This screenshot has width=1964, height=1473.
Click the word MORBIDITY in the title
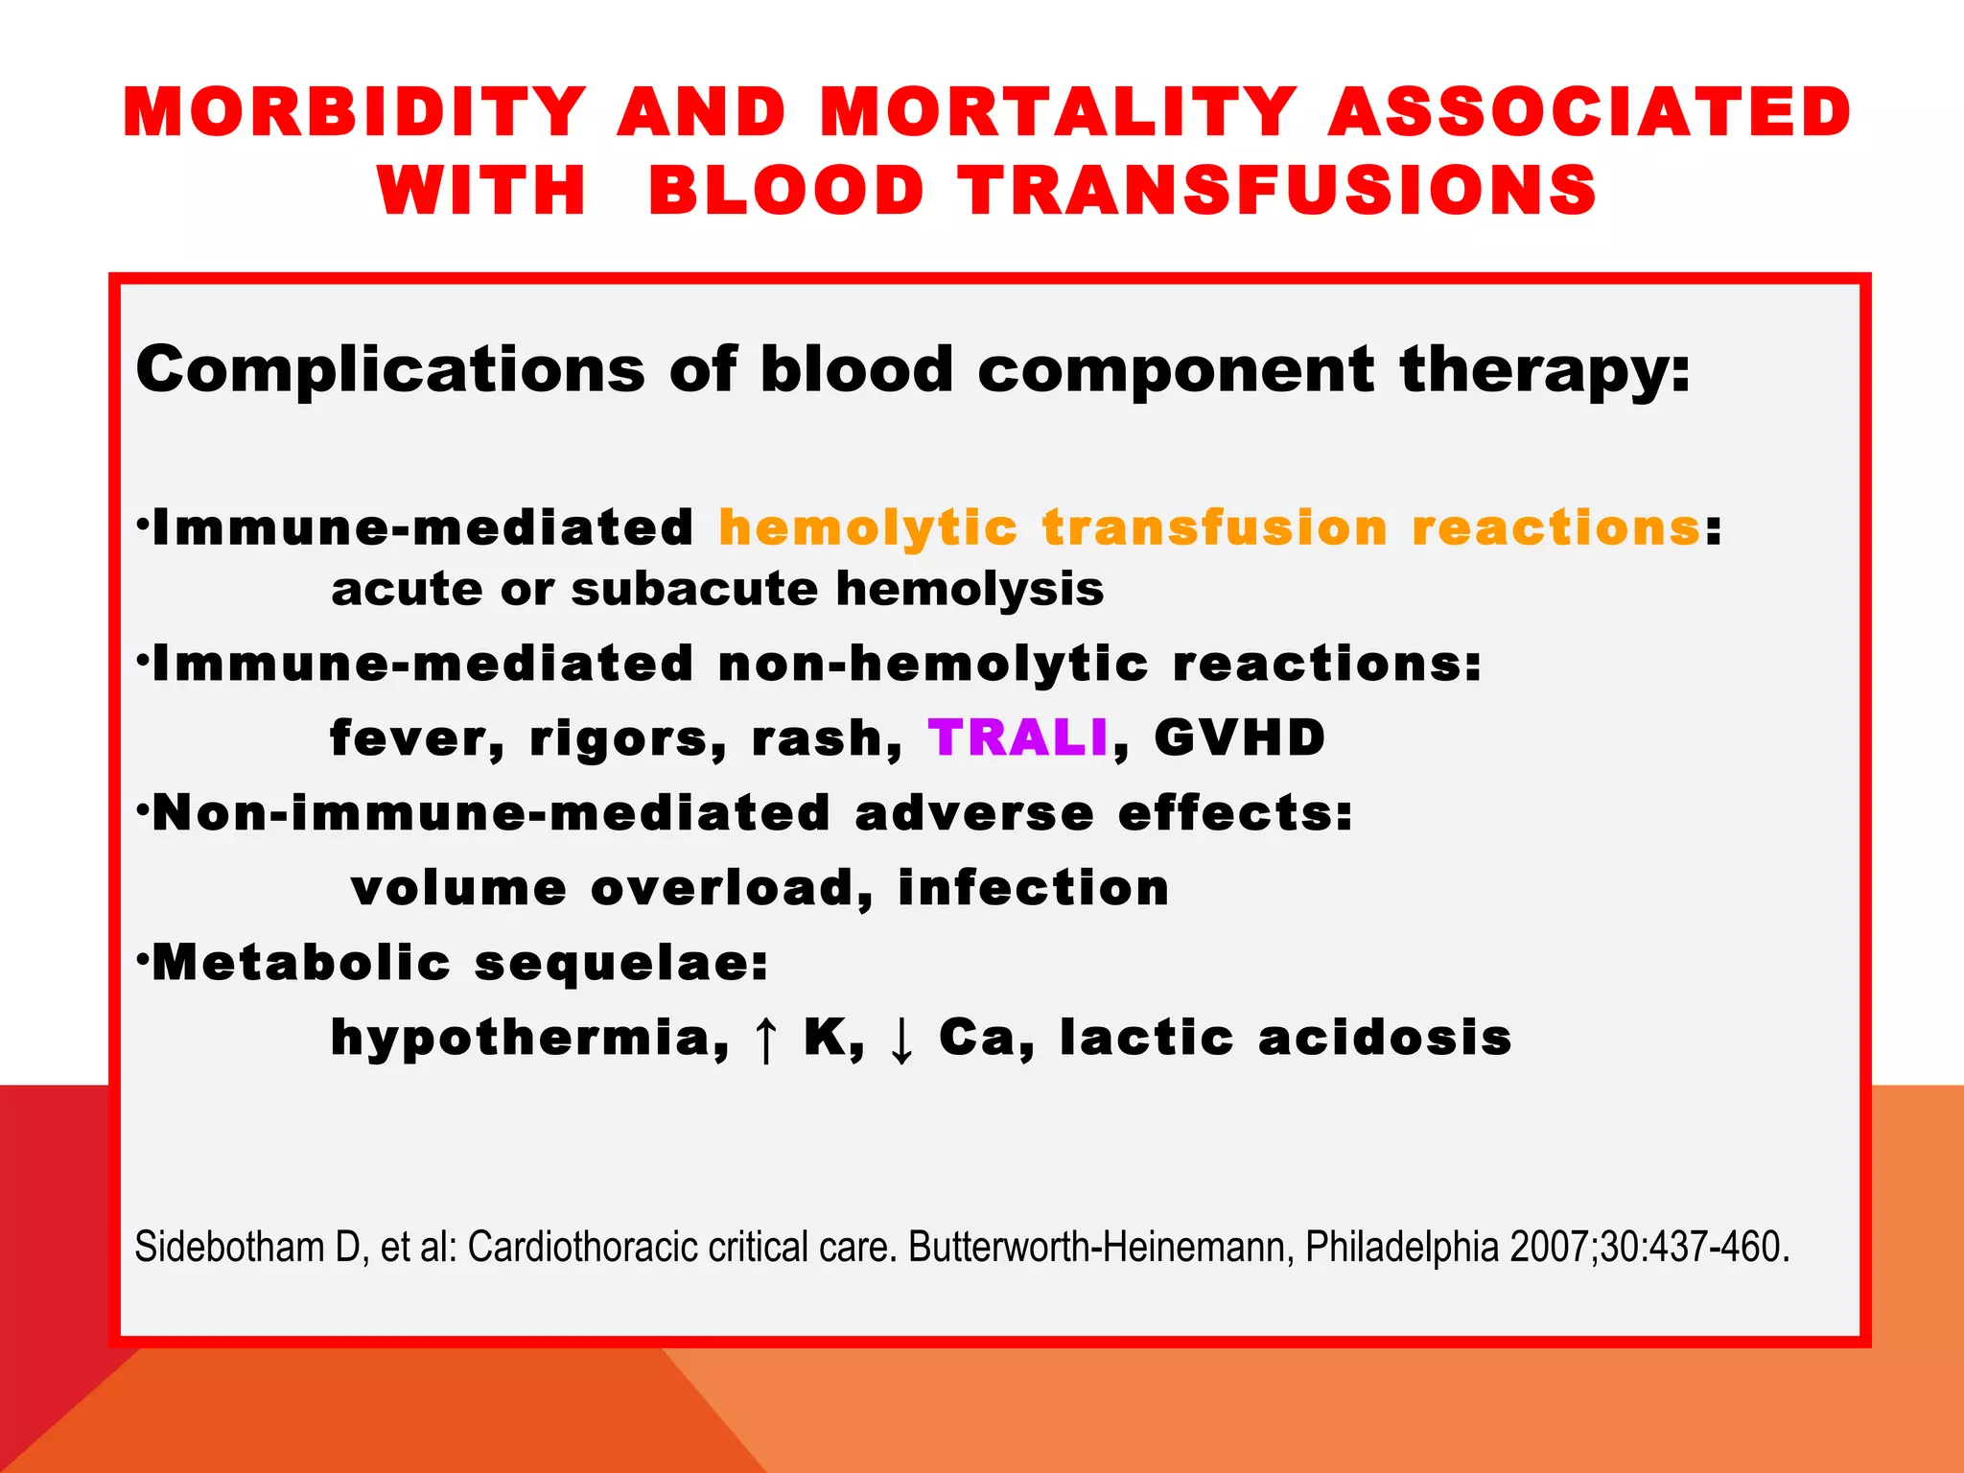(x=354, y=113)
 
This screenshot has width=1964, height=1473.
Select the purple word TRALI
(x=1017, y=738)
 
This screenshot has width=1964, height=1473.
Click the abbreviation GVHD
(x=1239, y=738)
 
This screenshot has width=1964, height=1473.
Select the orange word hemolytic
(x=867, y=528)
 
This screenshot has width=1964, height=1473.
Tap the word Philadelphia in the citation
(x=1403, y=1248)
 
